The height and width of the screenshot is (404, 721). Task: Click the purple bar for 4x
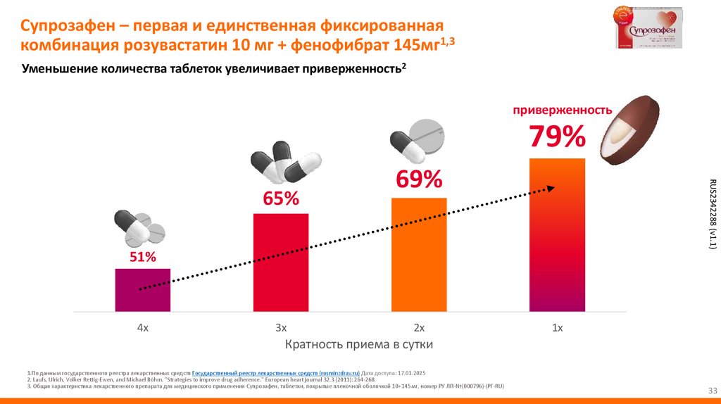pos(143,289)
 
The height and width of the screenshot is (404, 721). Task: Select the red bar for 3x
pos(281,261)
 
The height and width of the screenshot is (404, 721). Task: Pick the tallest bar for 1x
pos(557,234)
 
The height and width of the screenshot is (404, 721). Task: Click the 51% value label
pos(142,257)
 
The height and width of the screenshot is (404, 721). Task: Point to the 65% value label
pos(281,198)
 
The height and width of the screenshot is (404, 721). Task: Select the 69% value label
pos(419,179)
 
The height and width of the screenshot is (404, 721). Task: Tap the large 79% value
pos(557,137)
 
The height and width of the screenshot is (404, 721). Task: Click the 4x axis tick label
pos(142,327)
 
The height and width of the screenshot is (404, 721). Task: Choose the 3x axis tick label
pos(281,327)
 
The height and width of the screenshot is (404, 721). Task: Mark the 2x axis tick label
pos(419,327)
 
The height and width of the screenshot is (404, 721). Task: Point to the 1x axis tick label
pos(557,327)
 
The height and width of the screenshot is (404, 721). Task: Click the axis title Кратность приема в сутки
pos(358,344)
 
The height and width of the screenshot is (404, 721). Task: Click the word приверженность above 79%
pos(562,110)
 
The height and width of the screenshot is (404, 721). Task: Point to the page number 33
pos(711,391)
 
